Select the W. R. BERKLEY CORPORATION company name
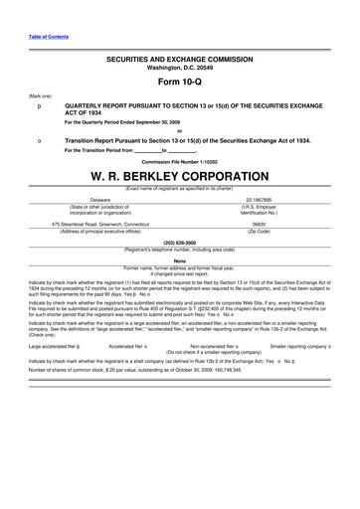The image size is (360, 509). [180, 176]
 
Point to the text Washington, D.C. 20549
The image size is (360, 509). [180, 69]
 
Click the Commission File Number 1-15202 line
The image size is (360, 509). [180, 160]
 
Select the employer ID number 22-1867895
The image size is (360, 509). [264, 199]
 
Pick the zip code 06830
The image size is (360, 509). [264, 225]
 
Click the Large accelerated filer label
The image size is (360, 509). [56, 348]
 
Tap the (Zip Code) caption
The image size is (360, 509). [264, 232]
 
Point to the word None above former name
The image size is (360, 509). [180, 260]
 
